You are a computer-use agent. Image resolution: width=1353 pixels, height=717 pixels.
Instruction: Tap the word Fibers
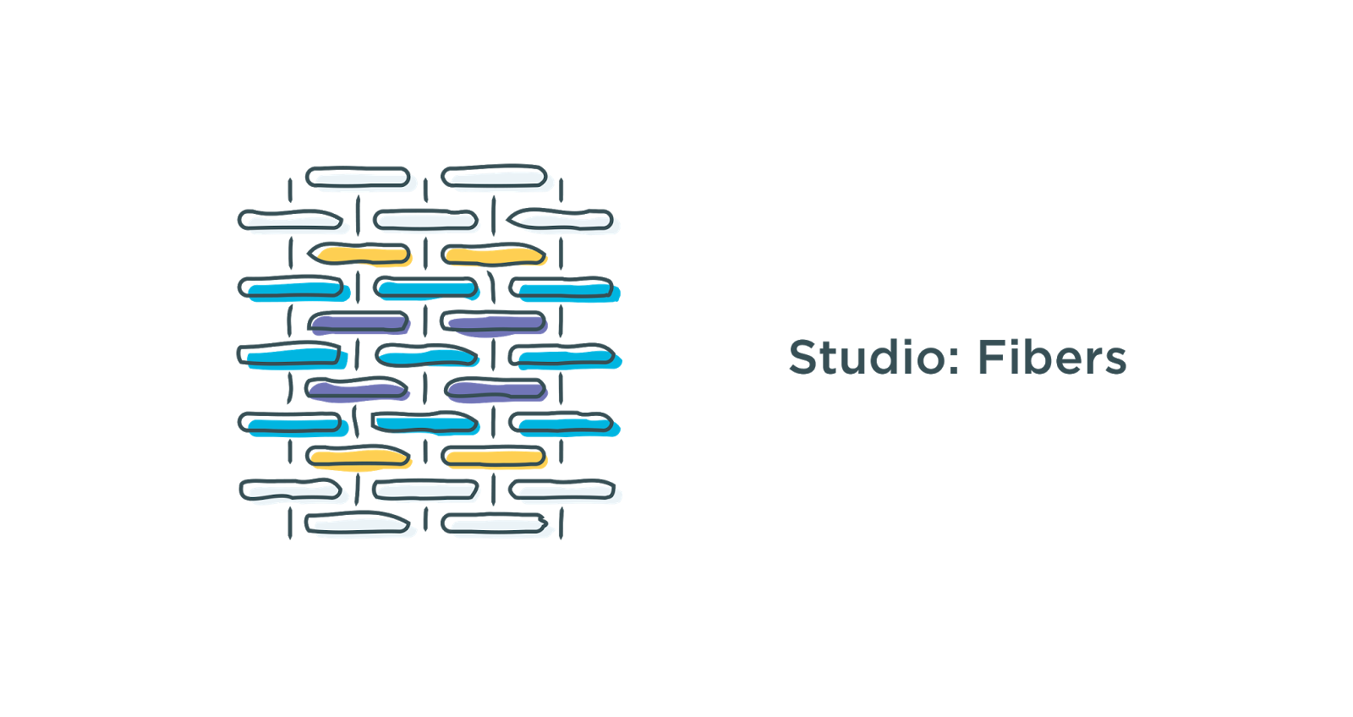click(1052, 358)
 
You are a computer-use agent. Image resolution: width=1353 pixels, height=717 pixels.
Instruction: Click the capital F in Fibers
click(989, 358)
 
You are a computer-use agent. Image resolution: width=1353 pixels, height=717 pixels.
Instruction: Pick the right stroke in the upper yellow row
click(495, 255)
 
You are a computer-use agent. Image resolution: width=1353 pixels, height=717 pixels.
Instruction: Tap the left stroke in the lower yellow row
click(359, 457)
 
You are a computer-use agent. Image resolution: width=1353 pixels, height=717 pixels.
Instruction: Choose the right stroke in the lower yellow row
click(495, 458)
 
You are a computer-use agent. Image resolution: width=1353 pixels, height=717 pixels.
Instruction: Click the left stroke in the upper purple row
click(359, 322)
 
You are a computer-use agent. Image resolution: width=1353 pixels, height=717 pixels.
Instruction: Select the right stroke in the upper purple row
click(495, 322)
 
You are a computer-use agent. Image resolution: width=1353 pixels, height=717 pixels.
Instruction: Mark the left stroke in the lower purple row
click(358, 390)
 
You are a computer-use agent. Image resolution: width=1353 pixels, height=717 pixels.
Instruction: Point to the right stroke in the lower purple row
click(496, 390)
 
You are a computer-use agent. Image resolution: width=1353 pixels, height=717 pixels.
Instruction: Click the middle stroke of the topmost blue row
click(426, 288)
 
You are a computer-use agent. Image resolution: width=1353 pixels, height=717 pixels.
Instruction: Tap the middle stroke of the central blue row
click(427, 356)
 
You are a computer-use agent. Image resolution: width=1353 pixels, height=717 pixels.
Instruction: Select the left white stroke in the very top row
click(359, 178)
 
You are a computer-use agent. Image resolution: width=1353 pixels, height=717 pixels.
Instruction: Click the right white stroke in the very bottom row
click(496, 526)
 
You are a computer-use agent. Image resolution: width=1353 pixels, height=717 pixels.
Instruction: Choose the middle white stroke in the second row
click(426, 222)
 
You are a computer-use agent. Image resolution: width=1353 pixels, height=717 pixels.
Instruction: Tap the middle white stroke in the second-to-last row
click(426, 490)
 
